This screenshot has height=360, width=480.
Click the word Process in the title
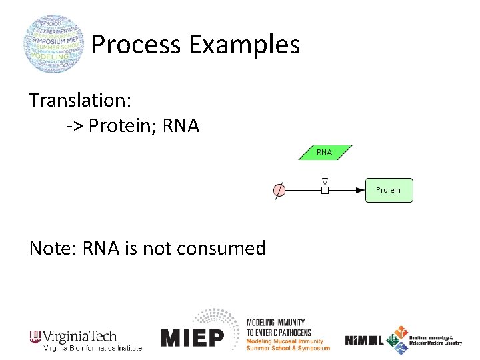[136, 45]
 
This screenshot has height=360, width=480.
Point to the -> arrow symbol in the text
[74, 125]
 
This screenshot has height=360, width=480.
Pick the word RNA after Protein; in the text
[181, 125]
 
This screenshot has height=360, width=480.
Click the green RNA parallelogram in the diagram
[325, 153]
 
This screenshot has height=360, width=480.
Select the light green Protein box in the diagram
[389, 190]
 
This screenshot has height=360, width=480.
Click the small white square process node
[325, 191]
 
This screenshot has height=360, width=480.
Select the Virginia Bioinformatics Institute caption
[93, 348]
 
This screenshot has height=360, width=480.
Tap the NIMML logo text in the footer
[364, 340]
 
